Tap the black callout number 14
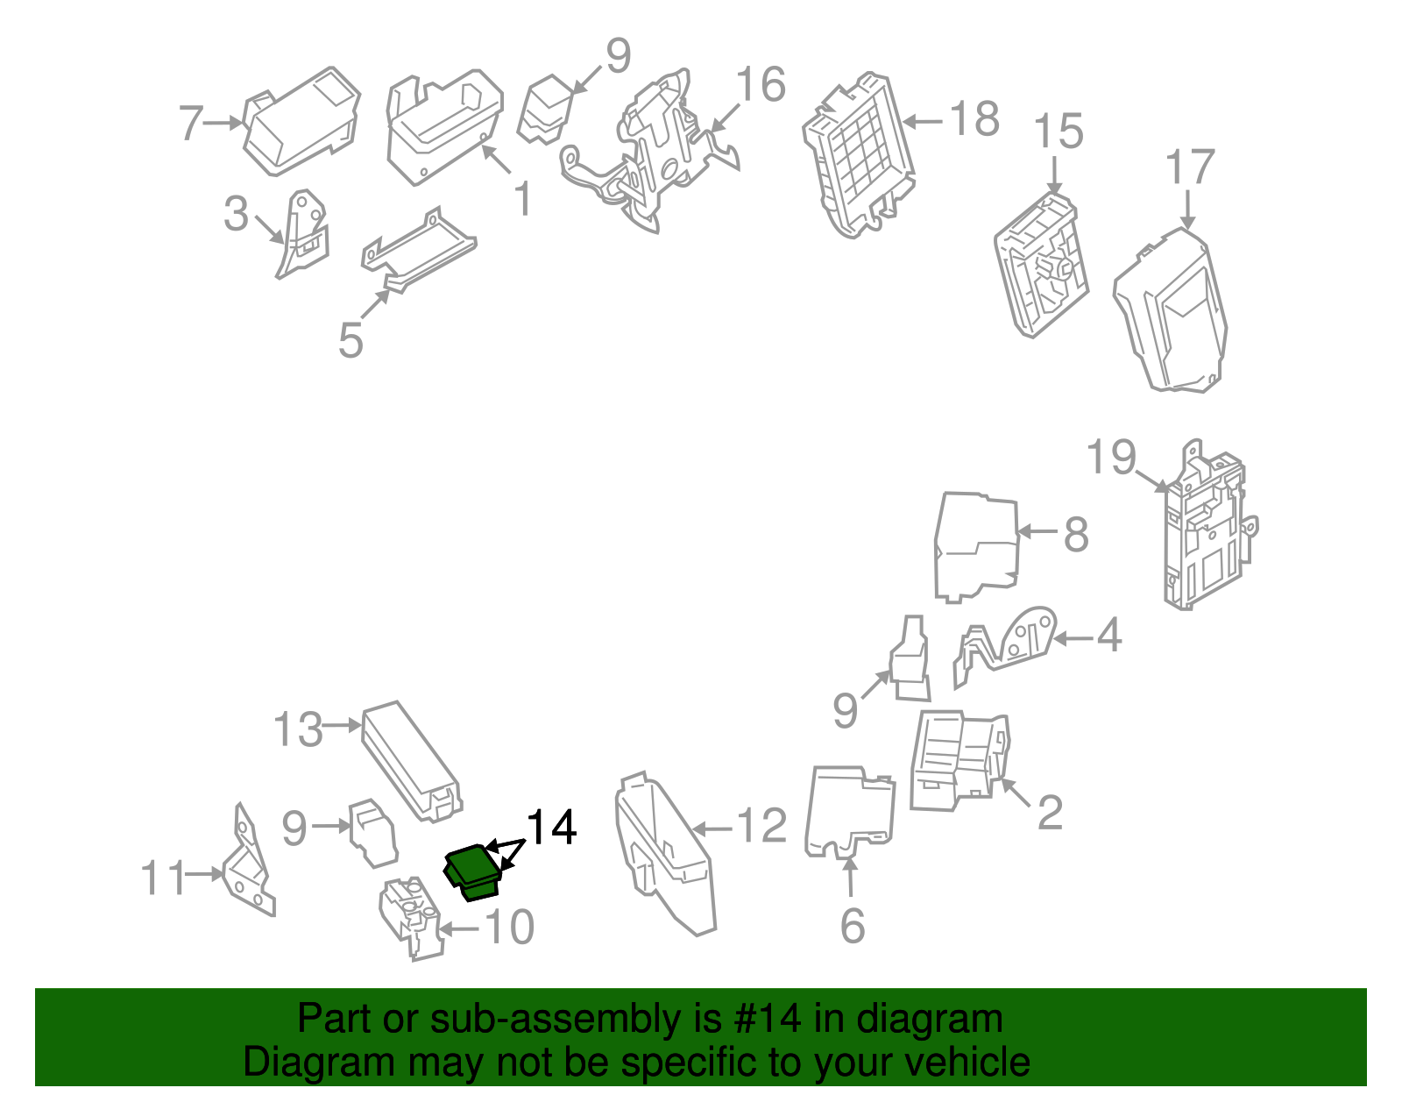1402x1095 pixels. (551, 828)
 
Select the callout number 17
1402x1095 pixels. (1189, 167)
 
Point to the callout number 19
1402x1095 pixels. (1111, 457)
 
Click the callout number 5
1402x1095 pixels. (350, 340)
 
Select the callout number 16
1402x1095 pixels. (761, 84)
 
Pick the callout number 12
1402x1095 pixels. (761, 826)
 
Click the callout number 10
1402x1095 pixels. (509, 927)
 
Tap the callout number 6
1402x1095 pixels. (852, 926)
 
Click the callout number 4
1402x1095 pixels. (1108, 635)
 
